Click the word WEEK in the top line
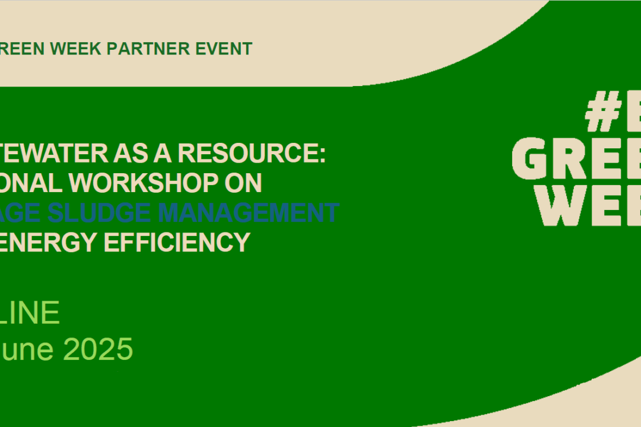80,49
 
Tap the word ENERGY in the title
52,242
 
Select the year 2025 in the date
98,349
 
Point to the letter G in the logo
532,161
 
